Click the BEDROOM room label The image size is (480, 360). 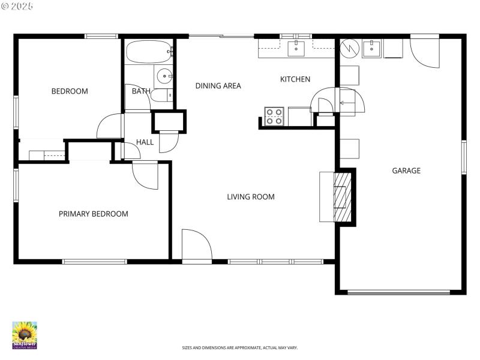coord(70,91)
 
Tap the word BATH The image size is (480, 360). coord(141,91)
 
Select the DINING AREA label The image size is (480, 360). coord(218,86)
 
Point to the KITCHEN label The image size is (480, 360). coord(295,79)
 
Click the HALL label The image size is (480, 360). coord(145,142)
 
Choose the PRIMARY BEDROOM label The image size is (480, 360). coord(93,214)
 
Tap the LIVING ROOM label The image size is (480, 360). coord(250,197)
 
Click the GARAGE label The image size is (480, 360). coord(406,170)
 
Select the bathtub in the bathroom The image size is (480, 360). coord(149,52)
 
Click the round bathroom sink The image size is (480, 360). coord(164,76)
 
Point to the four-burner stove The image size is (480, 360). coord(274,116)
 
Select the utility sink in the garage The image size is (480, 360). coord(371,48)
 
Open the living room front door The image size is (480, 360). coord(197,246)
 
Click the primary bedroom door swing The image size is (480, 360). coord(145,175)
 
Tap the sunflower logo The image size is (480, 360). coord(25,335)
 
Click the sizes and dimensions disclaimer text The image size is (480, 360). coord(239,347)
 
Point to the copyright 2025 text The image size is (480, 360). coord(18,5)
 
